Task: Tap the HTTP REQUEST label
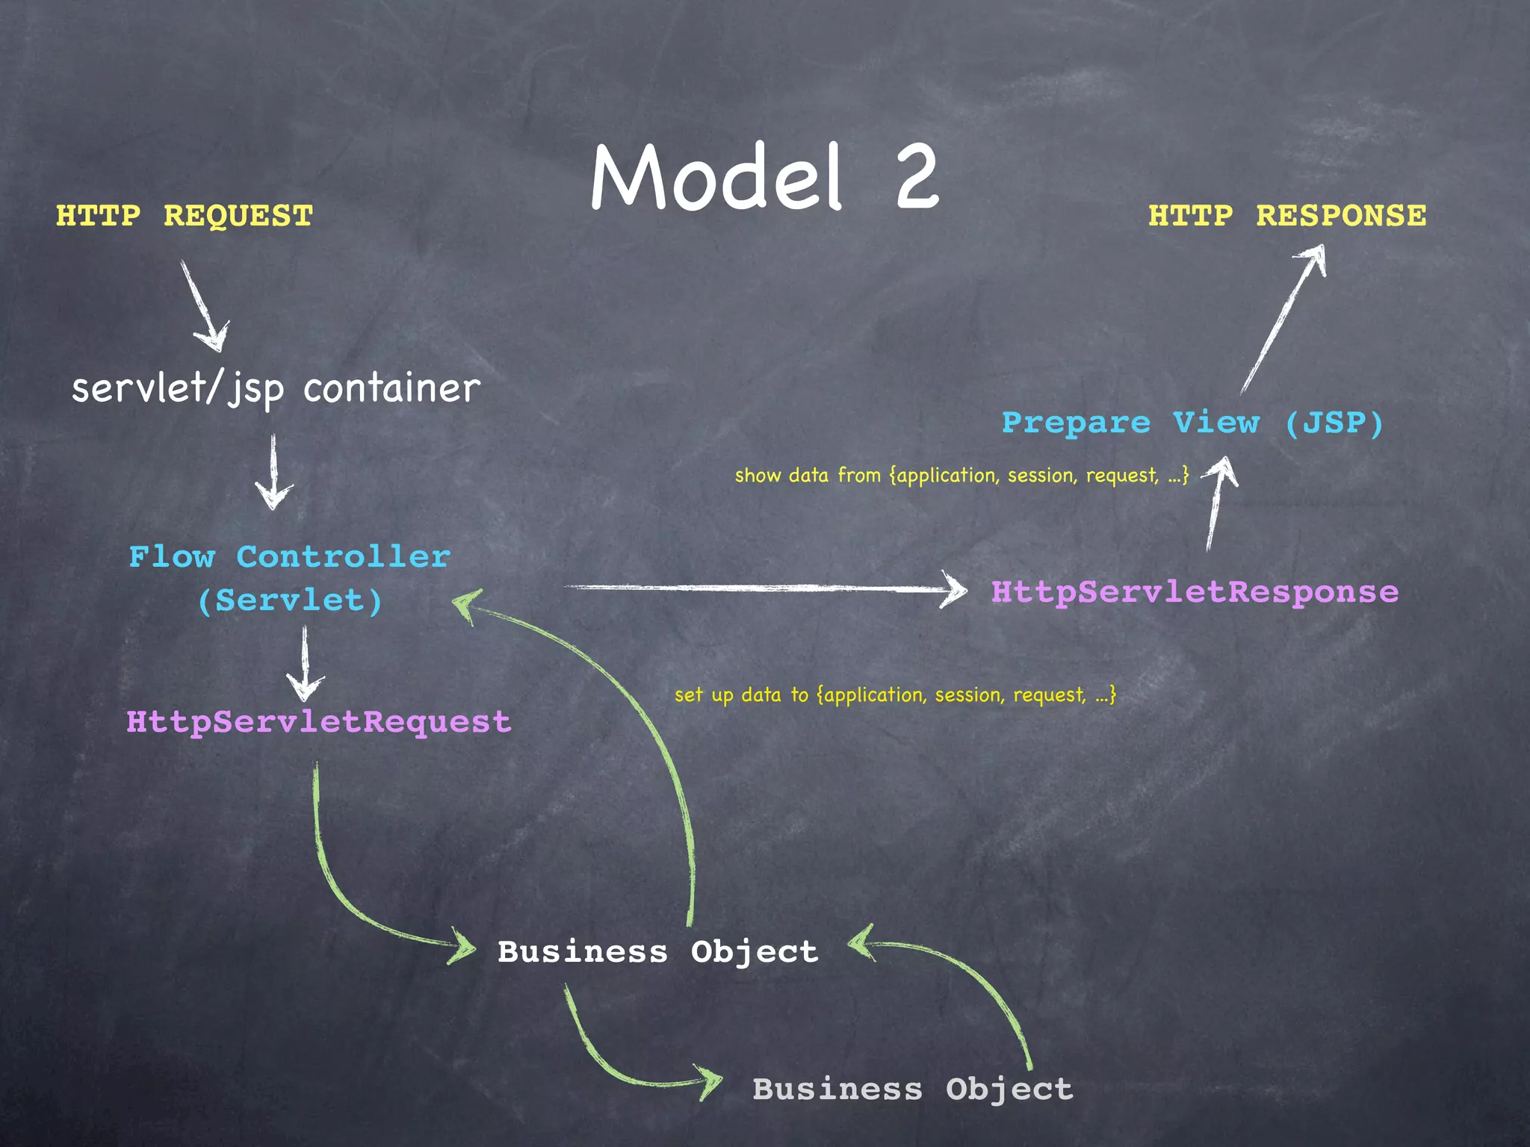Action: click(185, 216)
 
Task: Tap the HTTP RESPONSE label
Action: click(1286, 216)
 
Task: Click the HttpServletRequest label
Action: click(318, 722)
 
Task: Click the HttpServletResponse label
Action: click(1194, 592)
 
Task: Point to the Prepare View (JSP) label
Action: click(1192, 423)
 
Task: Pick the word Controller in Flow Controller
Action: click(343, 557)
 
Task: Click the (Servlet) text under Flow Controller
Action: click(290, 601)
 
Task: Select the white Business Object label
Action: click(657, 952)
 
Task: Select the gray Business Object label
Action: click(912, 1090)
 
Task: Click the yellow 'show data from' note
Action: click(961, 476)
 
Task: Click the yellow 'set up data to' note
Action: click(894, 695)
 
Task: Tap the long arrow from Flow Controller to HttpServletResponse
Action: click(762, 588)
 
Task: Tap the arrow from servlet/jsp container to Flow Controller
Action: click(273, 470)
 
